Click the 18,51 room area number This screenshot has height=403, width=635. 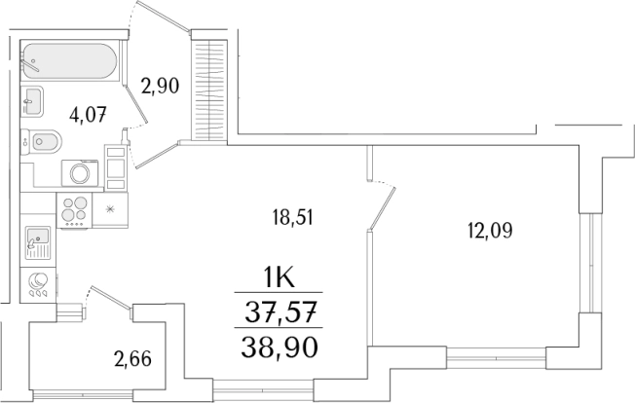[x=293, y=219]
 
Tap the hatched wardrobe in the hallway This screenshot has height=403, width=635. [x=207, y=88]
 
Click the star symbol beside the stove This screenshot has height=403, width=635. [x=110, y=209]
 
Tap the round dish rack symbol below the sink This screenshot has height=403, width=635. [x=39, y=283]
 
